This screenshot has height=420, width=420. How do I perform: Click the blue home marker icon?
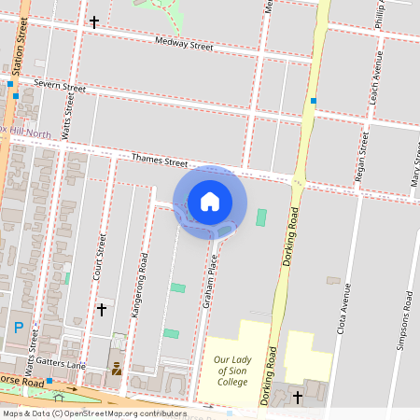pyautogui.click(x=210, y=202)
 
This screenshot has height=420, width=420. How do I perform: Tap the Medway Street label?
pyautogui.click(x=184, y=43)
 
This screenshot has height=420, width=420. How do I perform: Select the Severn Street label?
pyautogui.click(x=59, y=86)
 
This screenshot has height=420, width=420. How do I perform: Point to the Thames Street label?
pyautogui.click(x=160, y=161)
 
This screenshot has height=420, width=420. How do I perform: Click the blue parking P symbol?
pyautogui.click(x=19, y=328)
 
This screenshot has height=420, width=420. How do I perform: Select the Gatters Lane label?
pyautogui.click(x=62, y=364)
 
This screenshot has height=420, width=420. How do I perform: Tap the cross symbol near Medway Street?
pyautogui.click(x=93, y=21)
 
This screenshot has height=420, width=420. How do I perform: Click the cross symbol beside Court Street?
pyautogui.click(x=102, y=308)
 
